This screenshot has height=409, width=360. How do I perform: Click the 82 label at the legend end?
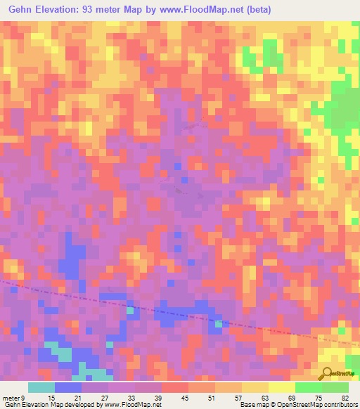(345, 398)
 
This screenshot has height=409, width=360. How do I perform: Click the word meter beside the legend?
(10, 398)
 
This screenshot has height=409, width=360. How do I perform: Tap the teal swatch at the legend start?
(41, 387)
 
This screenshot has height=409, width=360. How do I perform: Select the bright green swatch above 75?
(308, 387)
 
